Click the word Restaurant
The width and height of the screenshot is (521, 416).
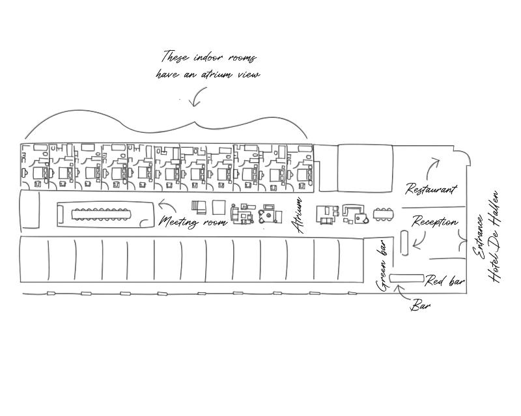coord(431,189)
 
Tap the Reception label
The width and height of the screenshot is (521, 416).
coord(435,221)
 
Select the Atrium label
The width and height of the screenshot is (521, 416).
coord(297,215)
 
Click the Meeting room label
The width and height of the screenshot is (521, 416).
coord(192,221)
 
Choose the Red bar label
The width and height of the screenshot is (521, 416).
coord(445,281)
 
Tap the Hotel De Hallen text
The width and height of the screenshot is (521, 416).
coord(494,236)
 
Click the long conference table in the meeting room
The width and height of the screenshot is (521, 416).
coord(101,214)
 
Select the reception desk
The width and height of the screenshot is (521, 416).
coord(404,243)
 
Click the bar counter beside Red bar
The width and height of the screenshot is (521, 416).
coord(406,279)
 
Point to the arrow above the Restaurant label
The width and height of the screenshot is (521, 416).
coord(432,169)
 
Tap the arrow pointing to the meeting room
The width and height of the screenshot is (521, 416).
coord(167,205)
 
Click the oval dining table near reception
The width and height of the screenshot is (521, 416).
coord(384,214)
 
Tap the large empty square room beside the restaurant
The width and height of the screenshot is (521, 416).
coord(365,168)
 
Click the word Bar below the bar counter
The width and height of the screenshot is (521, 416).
coord(420,305)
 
